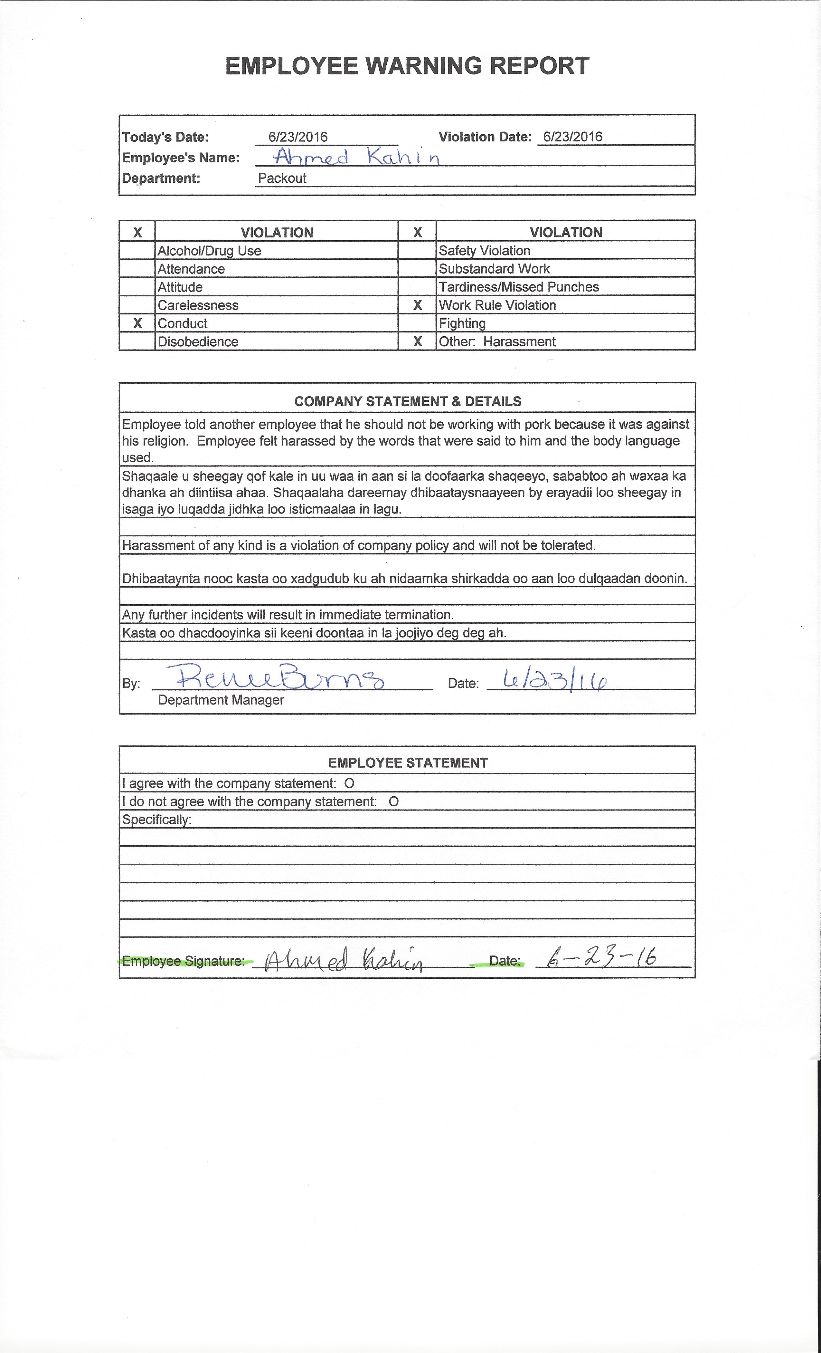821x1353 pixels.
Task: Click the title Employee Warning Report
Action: tap(407, 66)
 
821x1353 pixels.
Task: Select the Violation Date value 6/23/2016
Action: tap(572, 137)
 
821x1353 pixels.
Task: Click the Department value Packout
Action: tap(282, 178)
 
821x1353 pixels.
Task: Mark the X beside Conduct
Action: tap(137, 323)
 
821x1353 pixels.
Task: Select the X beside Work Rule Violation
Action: tap(417, 305)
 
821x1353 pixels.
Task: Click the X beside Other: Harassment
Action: tap(417, 341)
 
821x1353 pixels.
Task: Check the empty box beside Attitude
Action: tap(137, 287)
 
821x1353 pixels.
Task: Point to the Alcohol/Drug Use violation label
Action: tap(209, 251)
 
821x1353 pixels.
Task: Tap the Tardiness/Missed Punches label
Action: tap(519, 287)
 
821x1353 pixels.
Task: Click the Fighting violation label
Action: tap(462, 323)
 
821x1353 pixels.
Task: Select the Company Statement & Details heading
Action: tap(407, 401)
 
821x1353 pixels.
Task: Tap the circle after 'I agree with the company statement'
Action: tap(349, 783)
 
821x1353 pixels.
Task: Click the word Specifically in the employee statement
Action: tap(156, 820)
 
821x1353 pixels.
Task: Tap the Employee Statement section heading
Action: tap(407, 763)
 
